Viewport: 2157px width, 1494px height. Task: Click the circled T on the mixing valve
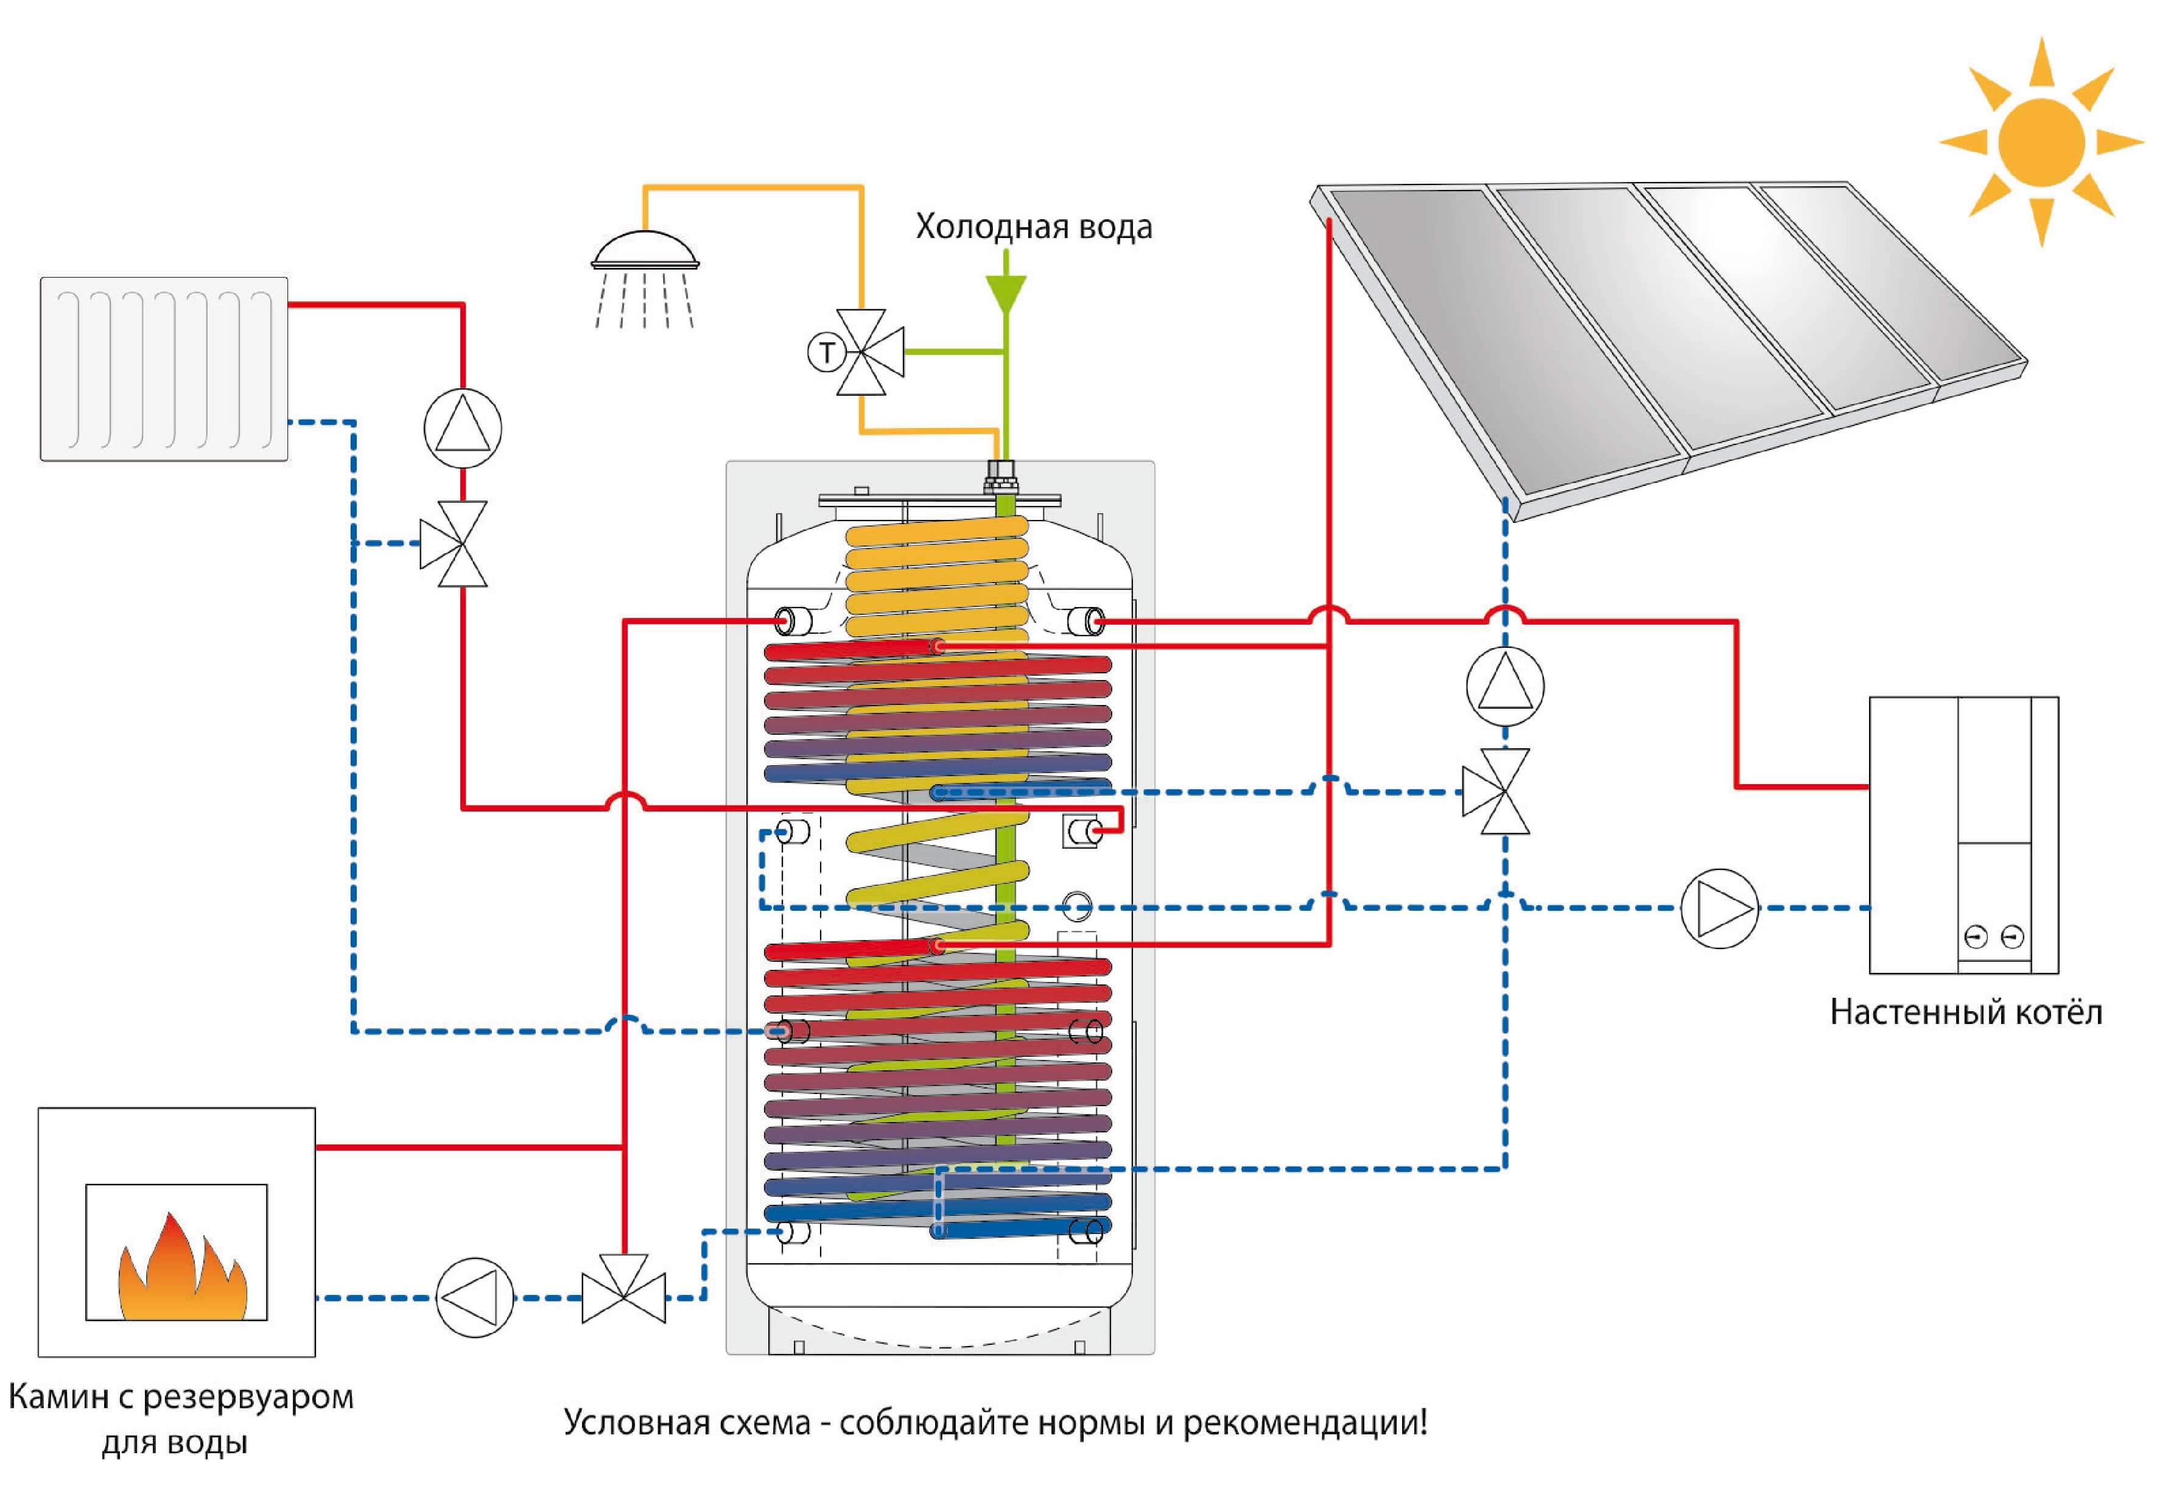(x=826, y=353)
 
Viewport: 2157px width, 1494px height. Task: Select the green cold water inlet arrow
(x=1006, y=292)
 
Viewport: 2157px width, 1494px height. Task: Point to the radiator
(x=164, y=369)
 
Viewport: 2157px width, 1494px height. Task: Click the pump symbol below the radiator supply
(x=463, y=428)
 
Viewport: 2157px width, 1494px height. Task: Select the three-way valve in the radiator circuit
(x=455, y=544)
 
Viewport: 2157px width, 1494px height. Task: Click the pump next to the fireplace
(x=475, y=1297)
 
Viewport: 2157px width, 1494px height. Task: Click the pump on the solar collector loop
(x=1504, y=686)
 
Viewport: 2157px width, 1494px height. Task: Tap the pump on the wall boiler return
(x=1719, y=908)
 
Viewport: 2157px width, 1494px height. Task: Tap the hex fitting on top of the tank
(x=1005, y=479)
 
